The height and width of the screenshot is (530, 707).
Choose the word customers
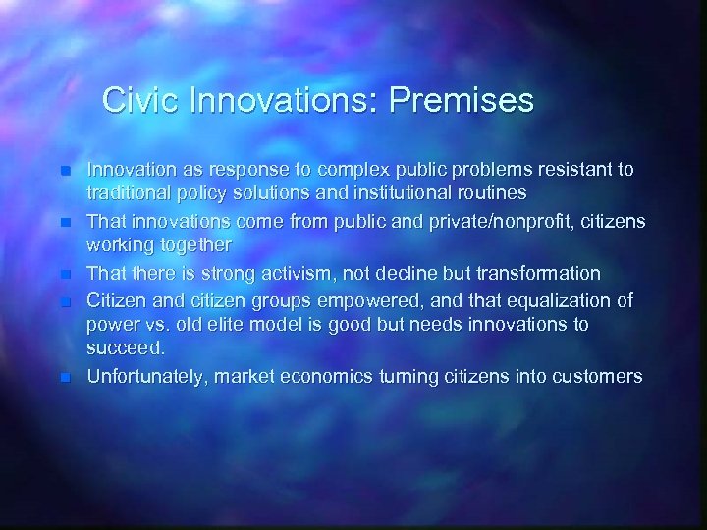(x=595, y=377)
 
